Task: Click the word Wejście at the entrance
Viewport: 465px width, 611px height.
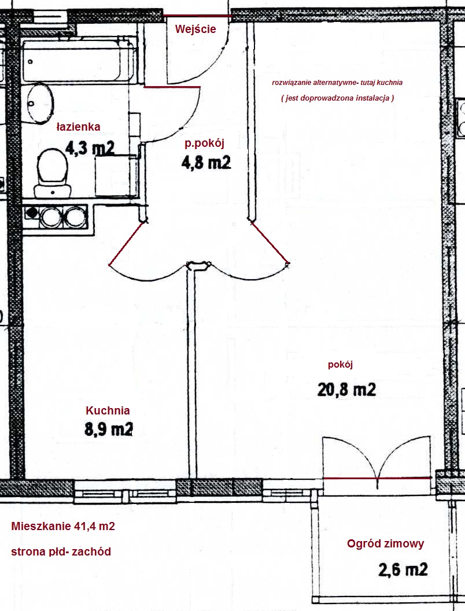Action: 195,29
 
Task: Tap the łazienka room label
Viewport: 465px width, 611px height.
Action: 78,127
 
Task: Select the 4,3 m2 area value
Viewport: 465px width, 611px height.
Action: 90,149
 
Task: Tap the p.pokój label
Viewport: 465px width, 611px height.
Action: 205,143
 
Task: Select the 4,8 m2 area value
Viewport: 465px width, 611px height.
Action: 206,162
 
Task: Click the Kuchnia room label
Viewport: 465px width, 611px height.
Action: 108,410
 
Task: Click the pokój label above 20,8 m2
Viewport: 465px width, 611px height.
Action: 340,365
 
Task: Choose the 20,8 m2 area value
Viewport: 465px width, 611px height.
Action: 346,389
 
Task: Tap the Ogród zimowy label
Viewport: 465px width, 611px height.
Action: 386,544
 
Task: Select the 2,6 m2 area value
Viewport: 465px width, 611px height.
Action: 403,570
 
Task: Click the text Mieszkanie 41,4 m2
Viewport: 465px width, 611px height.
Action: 63,527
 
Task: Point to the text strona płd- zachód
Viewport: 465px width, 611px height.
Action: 61,552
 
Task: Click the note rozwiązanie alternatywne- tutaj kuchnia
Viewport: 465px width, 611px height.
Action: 337,83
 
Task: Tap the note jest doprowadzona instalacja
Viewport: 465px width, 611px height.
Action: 338,98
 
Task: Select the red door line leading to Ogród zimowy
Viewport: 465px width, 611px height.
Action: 377,477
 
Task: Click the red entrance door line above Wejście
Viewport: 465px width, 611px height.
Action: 198,16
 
